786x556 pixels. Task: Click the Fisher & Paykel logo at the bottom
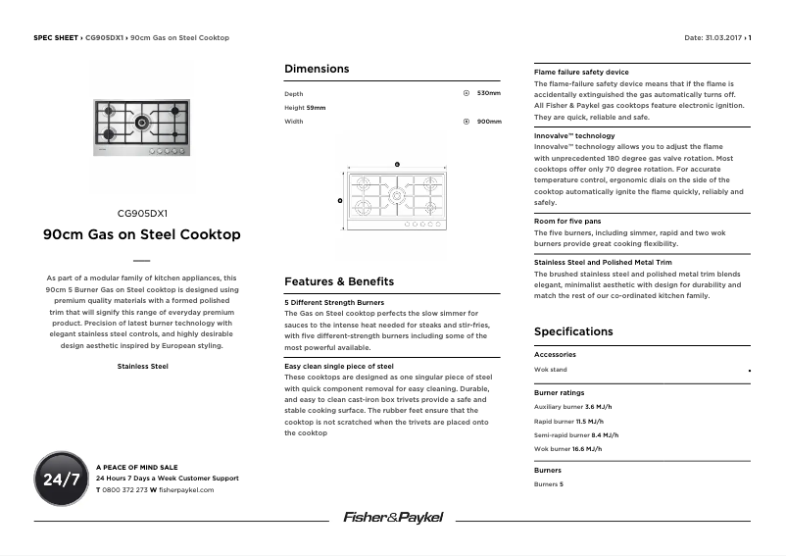(x=392, y=517)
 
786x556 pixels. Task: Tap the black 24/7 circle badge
(x=62, y=480)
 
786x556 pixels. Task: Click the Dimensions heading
(x=317, y=69)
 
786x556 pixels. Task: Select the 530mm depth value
(x=488, y=93)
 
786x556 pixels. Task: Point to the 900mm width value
(x=488, y=122)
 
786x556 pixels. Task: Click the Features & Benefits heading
(x=339, y=281)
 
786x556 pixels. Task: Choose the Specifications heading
(x=573, y=331)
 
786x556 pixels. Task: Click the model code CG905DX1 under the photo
(x=142, y=213)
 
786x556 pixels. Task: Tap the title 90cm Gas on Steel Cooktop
(x=142, y=235)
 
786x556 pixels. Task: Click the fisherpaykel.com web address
(x=185, y=489)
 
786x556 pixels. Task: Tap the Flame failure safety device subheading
(x=581, y=73)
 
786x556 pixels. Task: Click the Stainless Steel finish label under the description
(x=142, y=366)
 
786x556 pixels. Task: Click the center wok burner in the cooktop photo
(x=142, y=123)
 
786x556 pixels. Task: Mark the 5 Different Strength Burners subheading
(x=334, y=302)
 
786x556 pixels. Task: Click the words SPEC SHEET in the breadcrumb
(x=55, y=38)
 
